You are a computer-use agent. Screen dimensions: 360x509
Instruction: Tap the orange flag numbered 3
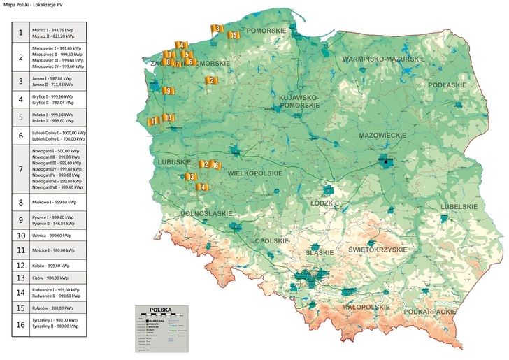pyautogui.click(x=217, y=29)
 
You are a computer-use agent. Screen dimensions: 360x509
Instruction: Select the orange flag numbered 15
pyautogui.click(x=234, y=35)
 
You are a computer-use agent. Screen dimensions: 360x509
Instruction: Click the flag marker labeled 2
pyautogui.click(x=210, y=80)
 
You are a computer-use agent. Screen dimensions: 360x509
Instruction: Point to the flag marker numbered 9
pyautogui.click(x=167, y=91)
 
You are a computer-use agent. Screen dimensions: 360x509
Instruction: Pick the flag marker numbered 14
pyautogui.click(x=202, y=187)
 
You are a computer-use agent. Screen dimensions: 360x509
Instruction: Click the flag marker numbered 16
pyautogui.click(x=216, y=166)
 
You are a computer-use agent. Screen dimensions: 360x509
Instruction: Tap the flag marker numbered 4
pyautogui.click(x=180, y=45)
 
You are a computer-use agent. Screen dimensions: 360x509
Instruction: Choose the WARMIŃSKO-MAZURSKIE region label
pyautogui.click(x=383, y=59)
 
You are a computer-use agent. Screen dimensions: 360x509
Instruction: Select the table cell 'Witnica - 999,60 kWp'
pyautogui.click(x=58, y=236)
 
